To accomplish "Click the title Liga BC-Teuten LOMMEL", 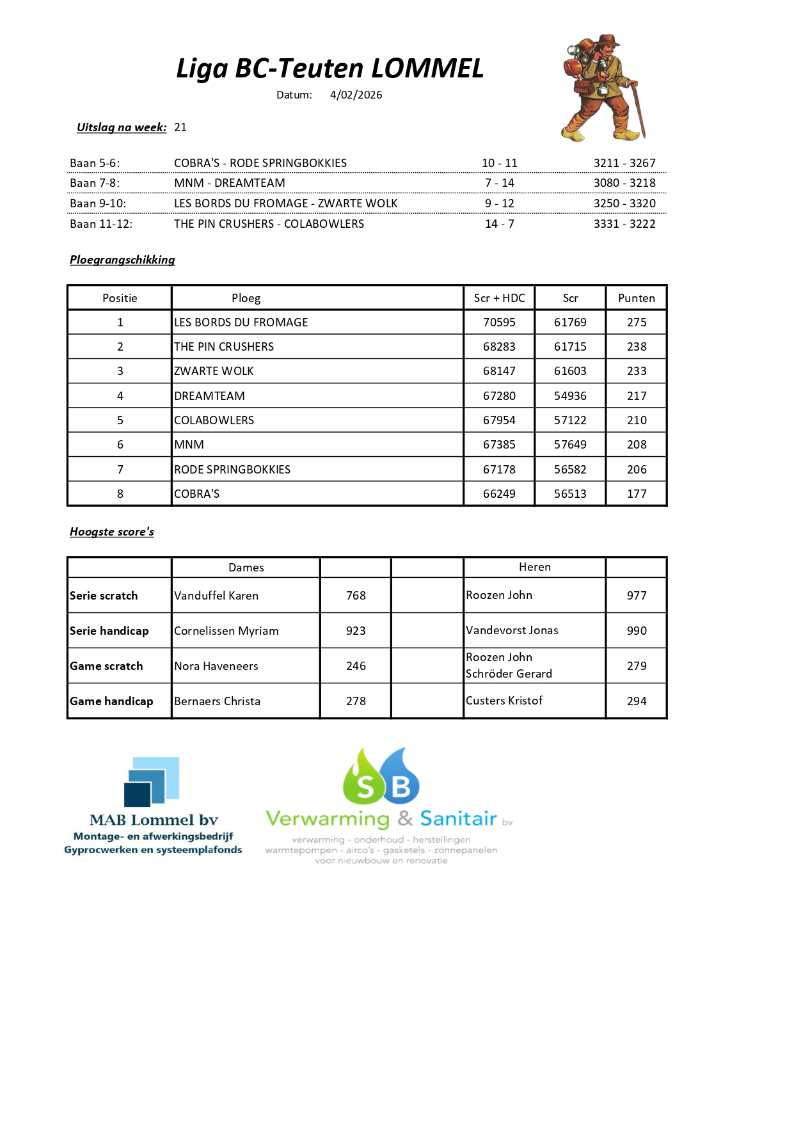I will [x=330, y=68].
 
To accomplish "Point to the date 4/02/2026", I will [x=356, y=95].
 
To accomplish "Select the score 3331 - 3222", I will [x=624, y=224].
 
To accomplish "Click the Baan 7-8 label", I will [x=95, y=183].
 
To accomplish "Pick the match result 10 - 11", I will [x=499, y=163].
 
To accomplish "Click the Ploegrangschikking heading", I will [x=122, y=260].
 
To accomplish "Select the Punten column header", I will [x=636, y=298].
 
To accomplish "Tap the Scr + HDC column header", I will [x=499, y=298].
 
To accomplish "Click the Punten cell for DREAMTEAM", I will [x=636, y=396].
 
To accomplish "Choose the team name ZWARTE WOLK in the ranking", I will [x=214, y=371].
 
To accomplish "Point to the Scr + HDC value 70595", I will [x=499, y=323].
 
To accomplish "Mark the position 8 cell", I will [x=120, y=494].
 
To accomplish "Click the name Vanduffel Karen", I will [x=216, y=596].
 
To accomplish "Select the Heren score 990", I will [x=636, y=631].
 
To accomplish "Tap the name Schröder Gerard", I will [x=509, y=674].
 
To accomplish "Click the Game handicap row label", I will [x=111, y=701].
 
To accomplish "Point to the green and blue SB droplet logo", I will [x=381, y=776].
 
